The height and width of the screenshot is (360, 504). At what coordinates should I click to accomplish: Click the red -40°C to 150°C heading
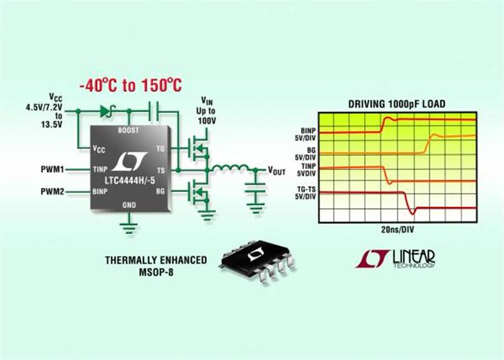131,85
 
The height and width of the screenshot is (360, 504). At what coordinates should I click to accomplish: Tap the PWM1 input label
52,169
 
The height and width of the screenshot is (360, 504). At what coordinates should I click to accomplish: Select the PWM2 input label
52,192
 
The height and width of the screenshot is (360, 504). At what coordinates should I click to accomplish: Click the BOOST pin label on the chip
129,131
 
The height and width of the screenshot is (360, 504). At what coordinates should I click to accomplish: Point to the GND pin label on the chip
129,205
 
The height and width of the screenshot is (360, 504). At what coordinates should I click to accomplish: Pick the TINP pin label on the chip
100,169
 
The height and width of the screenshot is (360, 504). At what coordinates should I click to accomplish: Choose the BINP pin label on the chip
100,192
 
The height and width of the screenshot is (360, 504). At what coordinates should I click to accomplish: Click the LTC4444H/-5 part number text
130,180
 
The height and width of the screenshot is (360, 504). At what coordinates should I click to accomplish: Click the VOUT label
277,170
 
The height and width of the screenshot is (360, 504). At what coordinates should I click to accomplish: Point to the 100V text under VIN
207,121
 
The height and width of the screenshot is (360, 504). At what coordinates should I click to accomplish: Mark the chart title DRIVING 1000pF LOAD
397,104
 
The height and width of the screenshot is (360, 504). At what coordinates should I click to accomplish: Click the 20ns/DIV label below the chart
398,229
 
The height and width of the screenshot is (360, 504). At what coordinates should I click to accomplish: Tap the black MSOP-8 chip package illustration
257,261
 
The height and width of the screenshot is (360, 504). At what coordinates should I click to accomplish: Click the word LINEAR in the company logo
414,257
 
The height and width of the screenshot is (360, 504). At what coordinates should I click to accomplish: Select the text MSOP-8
156,272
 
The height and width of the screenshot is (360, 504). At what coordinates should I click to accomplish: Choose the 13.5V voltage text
52,124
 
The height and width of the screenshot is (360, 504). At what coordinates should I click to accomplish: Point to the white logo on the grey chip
130,161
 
